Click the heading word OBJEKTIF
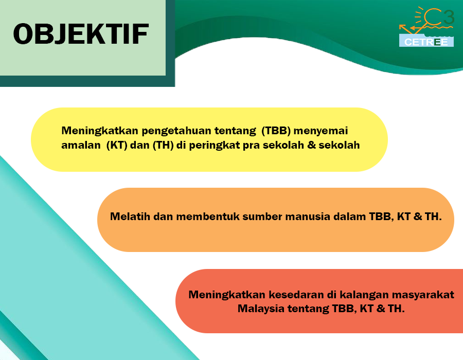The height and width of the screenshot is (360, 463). (81, 34)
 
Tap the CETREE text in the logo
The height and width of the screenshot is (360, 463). (426, 42)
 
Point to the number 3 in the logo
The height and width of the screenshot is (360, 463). (449, 17)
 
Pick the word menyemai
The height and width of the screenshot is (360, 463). (320, 131)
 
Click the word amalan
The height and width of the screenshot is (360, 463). (81, 145)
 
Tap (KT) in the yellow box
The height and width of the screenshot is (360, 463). (117, 145)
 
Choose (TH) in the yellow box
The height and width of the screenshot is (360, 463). (163, 145)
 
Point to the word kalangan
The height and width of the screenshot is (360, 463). (364, 295)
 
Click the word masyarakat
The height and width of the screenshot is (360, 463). (423, 295)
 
